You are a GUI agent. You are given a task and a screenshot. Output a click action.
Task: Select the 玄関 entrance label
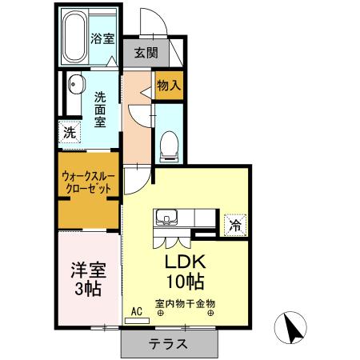point(146,54)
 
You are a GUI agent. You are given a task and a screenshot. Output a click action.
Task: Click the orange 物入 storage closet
point(169,85)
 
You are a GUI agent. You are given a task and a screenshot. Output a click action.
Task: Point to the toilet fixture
point(169,144)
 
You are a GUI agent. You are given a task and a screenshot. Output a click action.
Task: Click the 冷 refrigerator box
point(235,225)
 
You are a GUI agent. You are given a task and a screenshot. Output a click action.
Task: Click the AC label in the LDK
point(136,309)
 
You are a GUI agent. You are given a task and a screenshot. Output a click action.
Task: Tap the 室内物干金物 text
point(186,304)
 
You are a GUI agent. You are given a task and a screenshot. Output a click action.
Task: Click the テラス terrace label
point(168,345)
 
